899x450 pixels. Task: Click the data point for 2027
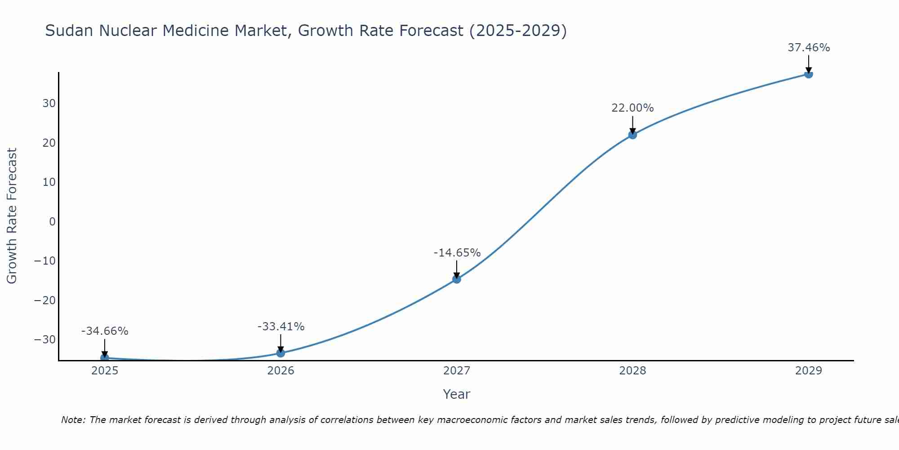click(456, 279)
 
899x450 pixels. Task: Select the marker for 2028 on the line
click(632, 135)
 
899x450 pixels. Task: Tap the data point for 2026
click(280, 353)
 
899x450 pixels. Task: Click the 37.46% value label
click(809, 48)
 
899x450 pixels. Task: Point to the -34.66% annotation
click(105, 331)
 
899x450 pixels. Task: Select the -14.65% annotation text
click(457, 253)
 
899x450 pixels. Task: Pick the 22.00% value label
click(632, 108)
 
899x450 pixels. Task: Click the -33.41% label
click(281, 327)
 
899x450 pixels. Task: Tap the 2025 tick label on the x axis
click(105, 371)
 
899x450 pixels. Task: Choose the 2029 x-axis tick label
click(808, 371)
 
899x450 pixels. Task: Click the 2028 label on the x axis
click(632, 371)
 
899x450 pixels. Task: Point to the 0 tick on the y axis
click(53, 221)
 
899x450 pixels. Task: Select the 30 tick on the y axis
click(49, 103)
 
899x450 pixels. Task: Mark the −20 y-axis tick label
click(45, 300)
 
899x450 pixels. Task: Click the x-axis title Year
click(456, 394)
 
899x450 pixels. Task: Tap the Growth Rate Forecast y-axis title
click(12, 216)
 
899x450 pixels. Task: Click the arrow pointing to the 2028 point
click(632, 125)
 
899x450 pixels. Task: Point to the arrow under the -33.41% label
click(280, 343)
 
